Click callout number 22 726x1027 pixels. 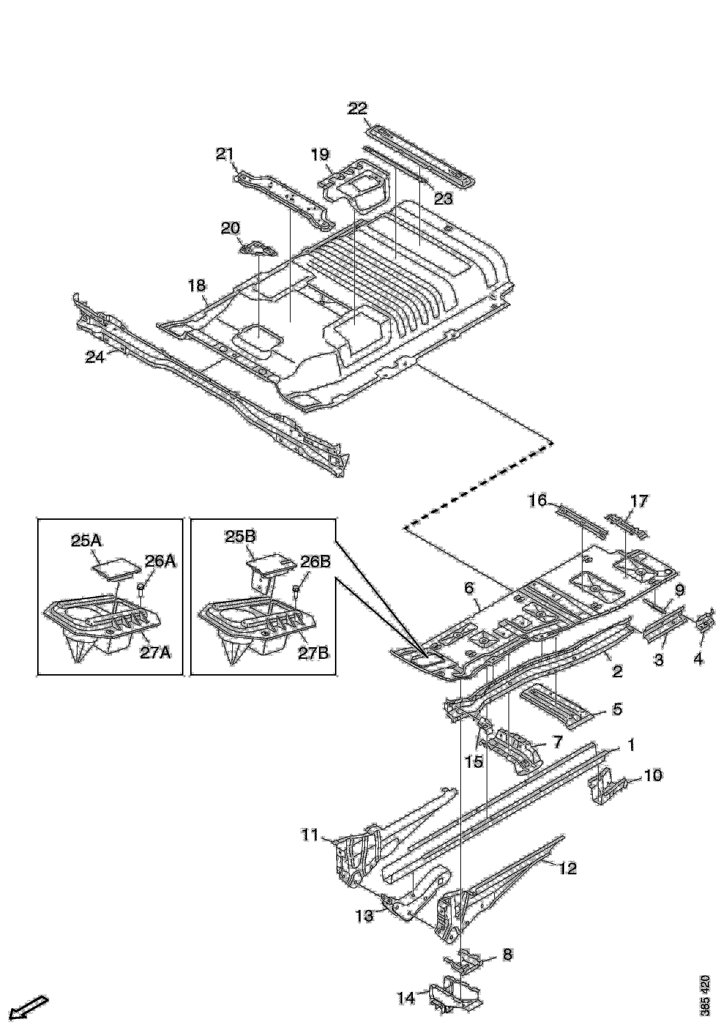pos(358,108)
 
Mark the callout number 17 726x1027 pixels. pos(639,501)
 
